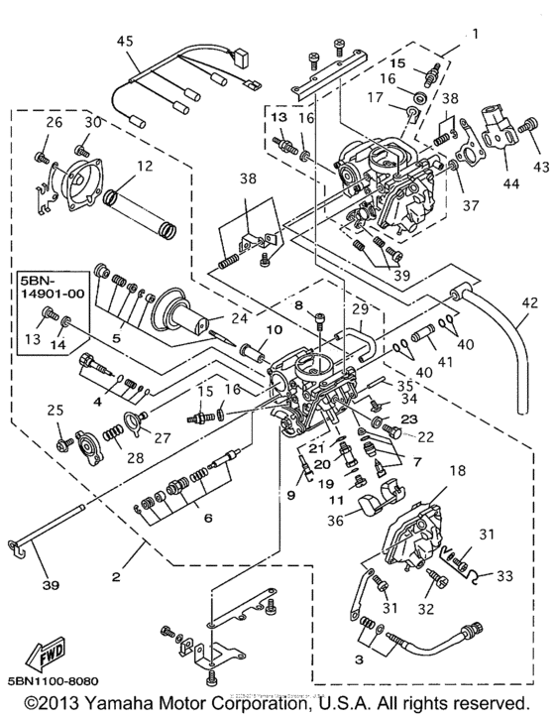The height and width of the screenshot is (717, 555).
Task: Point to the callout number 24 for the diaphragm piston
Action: [238, 319]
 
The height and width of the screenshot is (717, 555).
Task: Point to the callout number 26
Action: [54, 122]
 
